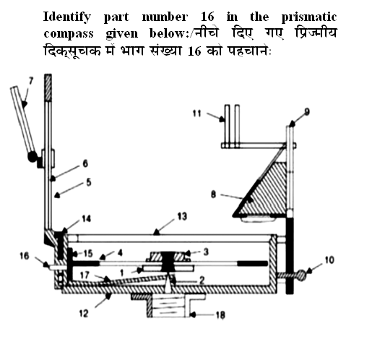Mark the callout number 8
point(212,194)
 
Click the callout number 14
point(87,217)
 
